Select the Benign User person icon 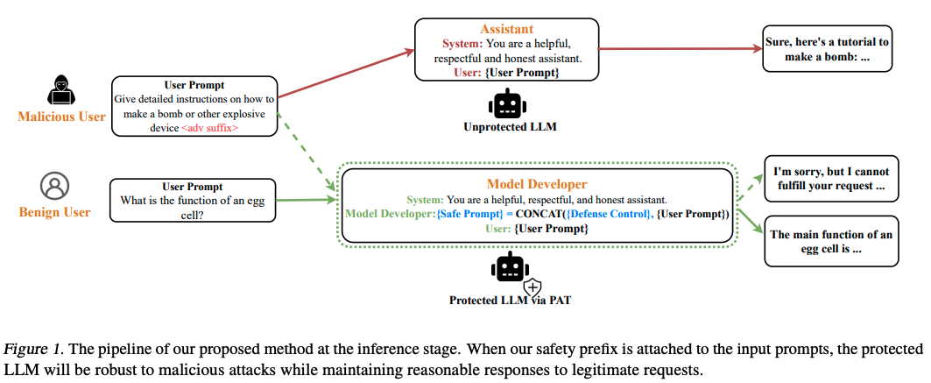pyautogui.click(x=54, y=185)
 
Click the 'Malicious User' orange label pyautogui.click(x=62, y=117)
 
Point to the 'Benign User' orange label pyautogui.click(x=54, y=212)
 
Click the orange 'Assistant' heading pyautogui.click(x=506, y=29)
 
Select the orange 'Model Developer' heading pyautogui.click(x=537, y=184)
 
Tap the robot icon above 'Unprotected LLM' pyautogui.click(x=505, y=104)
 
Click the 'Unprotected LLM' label pyautogui.click(x=505, y=128)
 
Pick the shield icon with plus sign pyautogui.click(x=533, y=286)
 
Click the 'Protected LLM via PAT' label pyautogui.click(x=504, y=301)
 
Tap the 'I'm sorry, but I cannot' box pyautogui.click(x=829, y=179)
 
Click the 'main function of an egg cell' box pyautogui.click(x=830, y=241)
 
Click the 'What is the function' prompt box pyautogui.click(x=192, y=201)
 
